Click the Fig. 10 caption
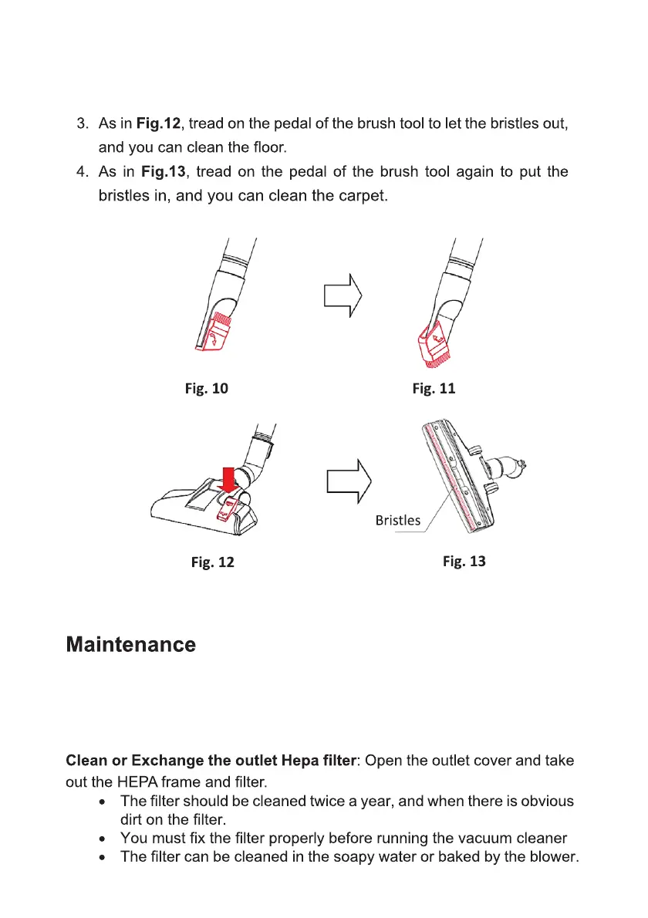tap(206, 388)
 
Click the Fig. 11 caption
tap(434, 388)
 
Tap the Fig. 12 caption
tap(212, 562)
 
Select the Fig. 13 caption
tap(464, 561)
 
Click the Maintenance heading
tap(130, 645)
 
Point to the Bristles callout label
tap(398, 520)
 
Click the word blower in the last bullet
tap(554, 857)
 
